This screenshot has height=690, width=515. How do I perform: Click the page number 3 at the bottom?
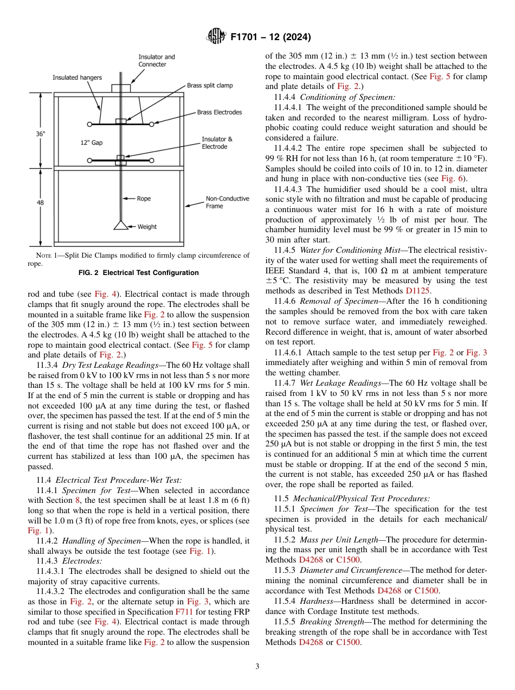tap(257, 666)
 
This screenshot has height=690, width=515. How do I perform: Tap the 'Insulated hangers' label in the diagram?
tap(77, 78)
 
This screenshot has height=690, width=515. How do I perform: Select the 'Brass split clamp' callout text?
tap(210, 85)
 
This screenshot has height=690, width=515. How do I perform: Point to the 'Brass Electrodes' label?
tap(219, 112)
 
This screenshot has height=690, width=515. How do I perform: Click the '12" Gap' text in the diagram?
tap(91, 143)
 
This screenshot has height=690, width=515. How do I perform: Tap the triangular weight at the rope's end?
tap(120, 225)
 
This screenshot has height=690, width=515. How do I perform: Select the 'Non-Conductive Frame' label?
tap(227, 202)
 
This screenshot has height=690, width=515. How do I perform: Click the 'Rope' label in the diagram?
tap(144, 199)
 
